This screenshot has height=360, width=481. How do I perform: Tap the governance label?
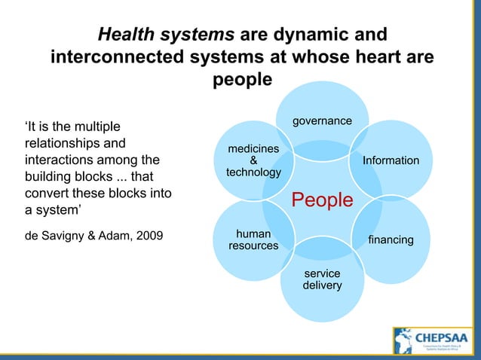point(322,121)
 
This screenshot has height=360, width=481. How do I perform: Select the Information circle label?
point(391,160)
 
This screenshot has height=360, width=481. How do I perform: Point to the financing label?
point(391,239)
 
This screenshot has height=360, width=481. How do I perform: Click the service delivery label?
point(322,279)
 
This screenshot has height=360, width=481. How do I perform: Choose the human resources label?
point(253,239)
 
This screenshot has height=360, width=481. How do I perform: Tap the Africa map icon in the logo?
point(404,341)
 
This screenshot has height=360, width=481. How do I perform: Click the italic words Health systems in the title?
point(167,35)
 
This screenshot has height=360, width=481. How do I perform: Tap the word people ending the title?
point(241,81)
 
